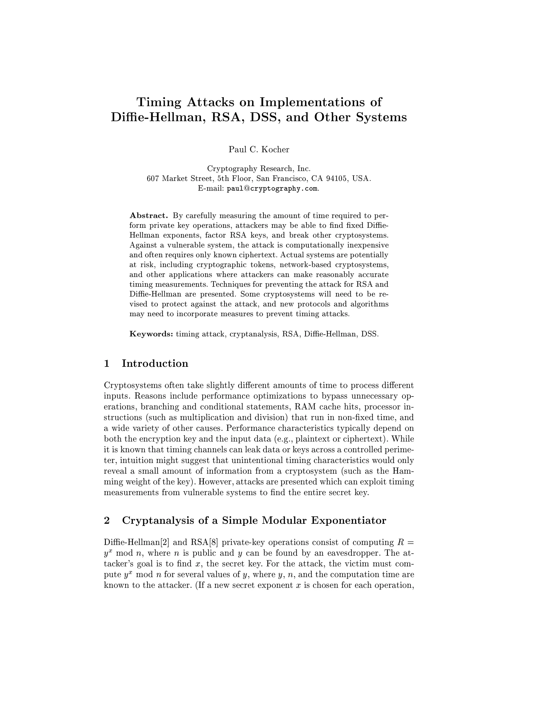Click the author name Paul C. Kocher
tap(259, 150)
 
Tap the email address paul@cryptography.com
tap(272, 189)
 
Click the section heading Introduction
tap(155, 364)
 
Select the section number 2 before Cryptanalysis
tap(107, 521)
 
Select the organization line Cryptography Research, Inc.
tap(259, 169)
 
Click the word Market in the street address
tap(176, 178)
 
